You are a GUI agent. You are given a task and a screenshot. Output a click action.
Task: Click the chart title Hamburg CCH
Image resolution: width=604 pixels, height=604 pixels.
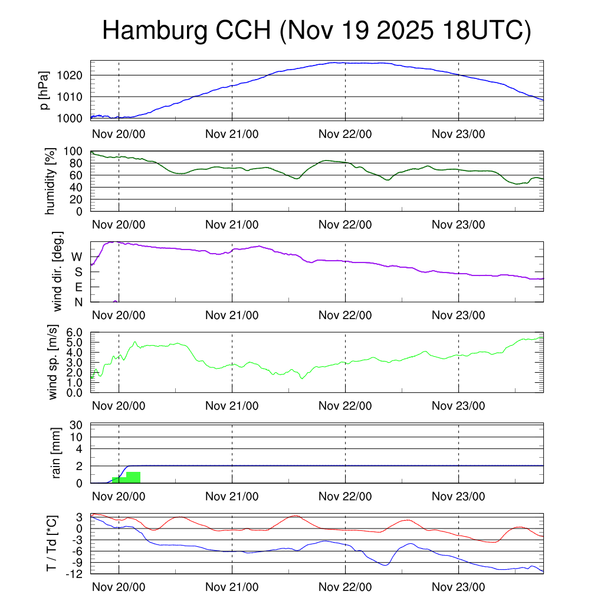pyautogui.click(x=317, y=31)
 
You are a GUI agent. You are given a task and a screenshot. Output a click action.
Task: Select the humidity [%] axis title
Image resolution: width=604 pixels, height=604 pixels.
pyautogui.click(x=50, y=181)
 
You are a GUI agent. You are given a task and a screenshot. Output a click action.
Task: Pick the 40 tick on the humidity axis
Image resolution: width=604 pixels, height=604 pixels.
pyautogui.click(x=81, y=188)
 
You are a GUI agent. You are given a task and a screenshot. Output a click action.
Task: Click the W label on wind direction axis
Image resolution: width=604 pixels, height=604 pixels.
pyautogui.click(x=77, y=257)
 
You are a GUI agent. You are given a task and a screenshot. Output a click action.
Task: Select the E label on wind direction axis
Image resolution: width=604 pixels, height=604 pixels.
pyautogui.click(x=78, y=287)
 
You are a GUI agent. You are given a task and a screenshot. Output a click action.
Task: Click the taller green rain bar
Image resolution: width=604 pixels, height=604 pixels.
pyautogui.click(x=133, y=477)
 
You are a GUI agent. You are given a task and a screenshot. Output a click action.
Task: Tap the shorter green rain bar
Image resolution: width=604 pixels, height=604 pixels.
pyautogui.click(x=119, y=480)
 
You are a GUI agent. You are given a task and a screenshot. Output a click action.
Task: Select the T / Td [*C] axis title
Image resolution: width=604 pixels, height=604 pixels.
pyautogui.click(x=51, y=543)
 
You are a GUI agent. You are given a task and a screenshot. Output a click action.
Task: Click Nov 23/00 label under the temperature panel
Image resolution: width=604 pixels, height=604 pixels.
pyautogui.click(x=458, y=587)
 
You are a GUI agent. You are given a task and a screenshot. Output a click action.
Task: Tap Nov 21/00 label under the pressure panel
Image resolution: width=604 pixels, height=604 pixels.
pyautogui.click(x=232, y=134)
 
